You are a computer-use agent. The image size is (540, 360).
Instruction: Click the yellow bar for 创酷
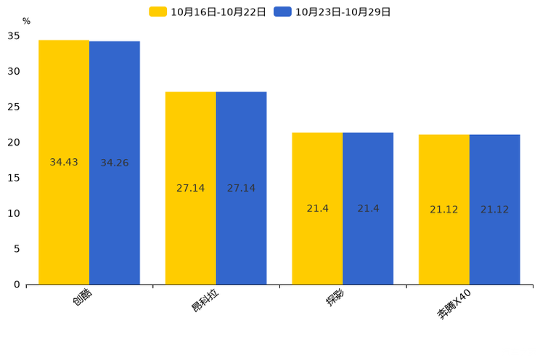click(x=64, y=163)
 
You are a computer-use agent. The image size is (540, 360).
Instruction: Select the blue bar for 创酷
click(x=115, y=163)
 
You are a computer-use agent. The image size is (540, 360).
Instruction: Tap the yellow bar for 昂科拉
click(x=190, y=189)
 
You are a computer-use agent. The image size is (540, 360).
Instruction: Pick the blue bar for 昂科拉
click(x=242, y=189)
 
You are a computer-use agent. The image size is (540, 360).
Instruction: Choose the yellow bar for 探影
click(x=317, y=209)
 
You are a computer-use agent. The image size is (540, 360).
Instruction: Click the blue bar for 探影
click(x=368, y=209)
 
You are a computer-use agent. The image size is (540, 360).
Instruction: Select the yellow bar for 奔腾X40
click(x=444, y=210)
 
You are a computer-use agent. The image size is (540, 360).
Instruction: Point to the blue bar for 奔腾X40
click(x=495, y=210)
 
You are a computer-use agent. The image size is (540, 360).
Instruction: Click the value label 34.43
click(x=64, y=163)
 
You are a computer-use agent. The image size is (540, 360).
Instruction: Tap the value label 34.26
click(x=115, y=163)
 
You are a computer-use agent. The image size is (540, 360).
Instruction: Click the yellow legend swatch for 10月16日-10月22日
click(x=157, y=12)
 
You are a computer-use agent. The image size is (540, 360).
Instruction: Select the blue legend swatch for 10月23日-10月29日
click(x=282, y=12)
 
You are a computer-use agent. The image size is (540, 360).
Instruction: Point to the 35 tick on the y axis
click(x=14, y=36)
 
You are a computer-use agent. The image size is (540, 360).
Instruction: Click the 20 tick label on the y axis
click(x=14, y=142)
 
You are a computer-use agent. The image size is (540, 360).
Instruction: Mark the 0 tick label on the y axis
click(x=17, y=285)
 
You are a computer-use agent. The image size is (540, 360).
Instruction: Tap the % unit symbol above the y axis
click(x=27, y=21)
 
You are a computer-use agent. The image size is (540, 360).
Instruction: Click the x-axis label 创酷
click(x=83, y=297)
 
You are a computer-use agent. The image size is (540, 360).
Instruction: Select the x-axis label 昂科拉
click(x=205, y=300)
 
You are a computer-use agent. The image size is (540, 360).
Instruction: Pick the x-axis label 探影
click(x=335, y=297)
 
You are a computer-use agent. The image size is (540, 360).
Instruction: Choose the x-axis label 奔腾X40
click(x=454, y=304)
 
